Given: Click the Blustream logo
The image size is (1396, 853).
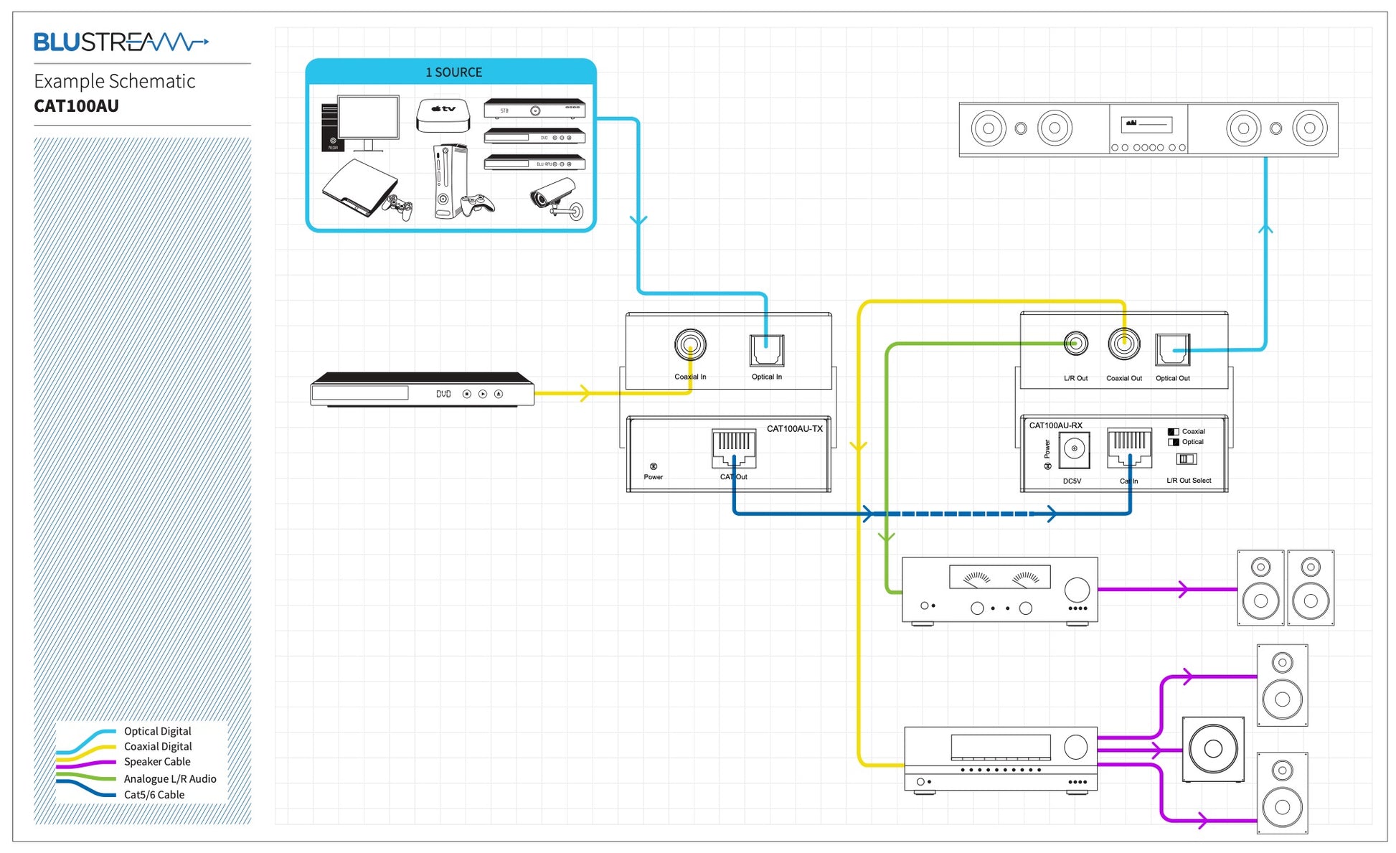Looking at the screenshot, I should (x=121, y=42).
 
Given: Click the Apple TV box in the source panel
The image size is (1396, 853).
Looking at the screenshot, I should (x=443, y=115).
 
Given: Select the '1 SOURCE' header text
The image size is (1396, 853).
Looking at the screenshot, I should (x=453, y=72).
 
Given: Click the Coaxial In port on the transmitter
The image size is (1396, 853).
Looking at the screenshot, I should (x=690, y=345).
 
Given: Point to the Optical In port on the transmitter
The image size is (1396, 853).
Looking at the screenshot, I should (x=766, y=350).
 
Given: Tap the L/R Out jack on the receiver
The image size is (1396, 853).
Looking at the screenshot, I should (x=1075, y=344).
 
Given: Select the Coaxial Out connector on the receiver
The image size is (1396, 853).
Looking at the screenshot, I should (x=1123, y=344).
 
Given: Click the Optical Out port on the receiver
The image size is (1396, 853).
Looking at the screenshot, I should (x=1173, y=349).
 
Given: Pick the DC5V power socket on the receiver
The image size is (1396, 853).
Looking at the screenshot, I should (x=1074, y=450).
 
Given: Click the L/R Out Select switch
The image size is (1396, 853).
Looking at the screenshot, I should (x=1187, y=459).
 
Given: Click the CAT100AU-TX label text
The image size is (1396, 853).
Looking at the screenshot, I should (x=794, y=429).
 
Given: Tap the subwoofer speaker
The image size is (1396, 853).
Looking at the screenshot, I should (x=1213, y=749).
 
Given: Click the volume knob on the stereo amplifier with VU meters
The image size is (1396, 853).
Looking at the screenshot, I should (x=1076, y=590).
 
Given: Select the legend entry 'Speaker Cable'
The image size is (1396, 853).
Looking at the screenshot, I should (x=157, y=762).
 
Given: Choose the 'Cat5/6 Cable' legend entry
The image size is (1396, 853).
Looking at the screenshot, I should (x=154, y=795).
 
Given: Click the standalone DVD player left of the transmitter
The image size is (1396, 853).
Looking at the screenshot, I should (x=422, y=390).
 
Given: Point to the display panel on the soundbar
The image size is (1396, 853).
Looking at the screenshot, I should (x=1146, y=124).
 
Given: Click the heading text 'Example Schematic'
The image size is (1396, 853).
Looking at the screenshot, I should (x=115, y=81).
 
